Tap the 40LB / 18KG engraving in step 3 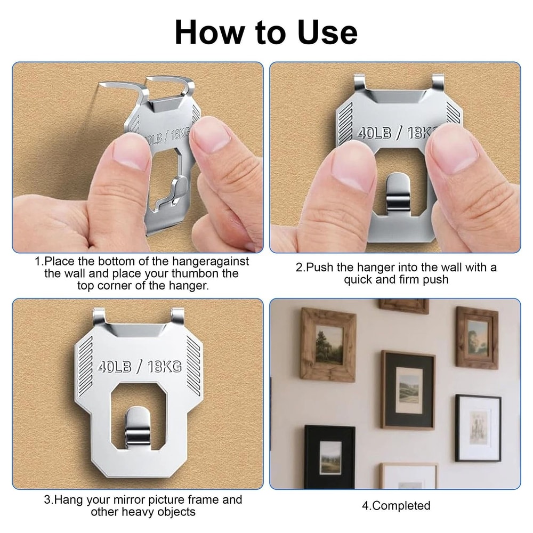point(140,367)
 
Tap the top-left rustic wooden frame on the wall point(328,344)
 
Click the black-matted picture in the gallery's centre point(408,389)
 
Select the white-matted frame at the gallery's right point(478,428)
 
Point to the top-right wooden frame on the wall point(477,337)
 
